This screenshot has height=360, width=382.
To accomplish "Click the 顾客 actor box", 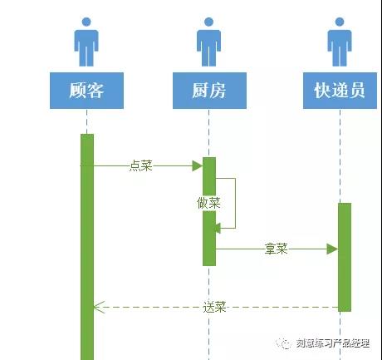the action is [86, 91].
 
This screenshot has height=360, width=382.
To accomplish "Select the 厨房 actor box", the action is [209, 91].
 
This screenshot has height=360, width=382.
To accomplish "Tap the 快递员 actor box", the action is [340, 91].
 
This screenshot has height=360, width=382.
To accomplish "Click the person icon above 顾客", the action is [86, 42].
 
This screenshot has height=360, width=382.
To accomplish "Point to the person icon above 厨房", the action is [208, 42].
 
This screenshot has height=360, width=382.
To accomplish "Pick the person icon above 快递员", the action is [340, 42].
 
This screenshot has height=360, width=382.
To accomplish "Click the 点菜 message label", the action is [141, 165].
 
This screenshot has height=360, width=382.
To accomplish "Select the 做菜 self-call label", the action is [208, 203].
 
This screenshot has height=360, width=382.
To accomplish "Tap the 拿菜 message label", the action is [277, 249].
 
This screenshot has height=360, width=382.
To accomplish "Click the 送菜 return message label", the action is [214, 307].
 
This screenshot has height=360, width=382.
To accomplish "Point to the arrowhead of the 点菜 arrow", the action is [198, 165].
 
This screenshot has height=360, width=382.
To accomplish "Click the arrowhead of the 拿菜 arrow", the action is [332, 249].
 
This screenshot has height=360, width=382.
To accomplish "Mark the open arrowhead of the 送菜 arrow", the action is [99, 307].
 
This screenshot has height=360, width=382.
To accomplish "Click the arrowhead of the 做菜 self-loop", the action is [218, 228].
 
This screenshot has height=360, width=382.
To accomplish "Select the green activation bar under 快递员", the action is [345, 257].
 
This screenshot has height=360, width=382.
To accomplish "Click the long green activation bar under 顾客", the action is [87, 247].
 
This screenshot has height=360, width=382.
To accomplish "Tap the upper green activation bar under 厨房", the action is [209, 176].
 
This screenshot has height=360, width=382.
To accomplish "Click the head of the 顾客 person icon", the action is [86, 22].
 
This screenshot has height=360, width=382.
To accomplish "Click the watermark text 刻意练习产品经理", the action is [333, 343].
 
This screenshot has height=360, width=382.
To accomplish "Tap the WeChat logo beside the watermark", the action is [283, 343].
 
